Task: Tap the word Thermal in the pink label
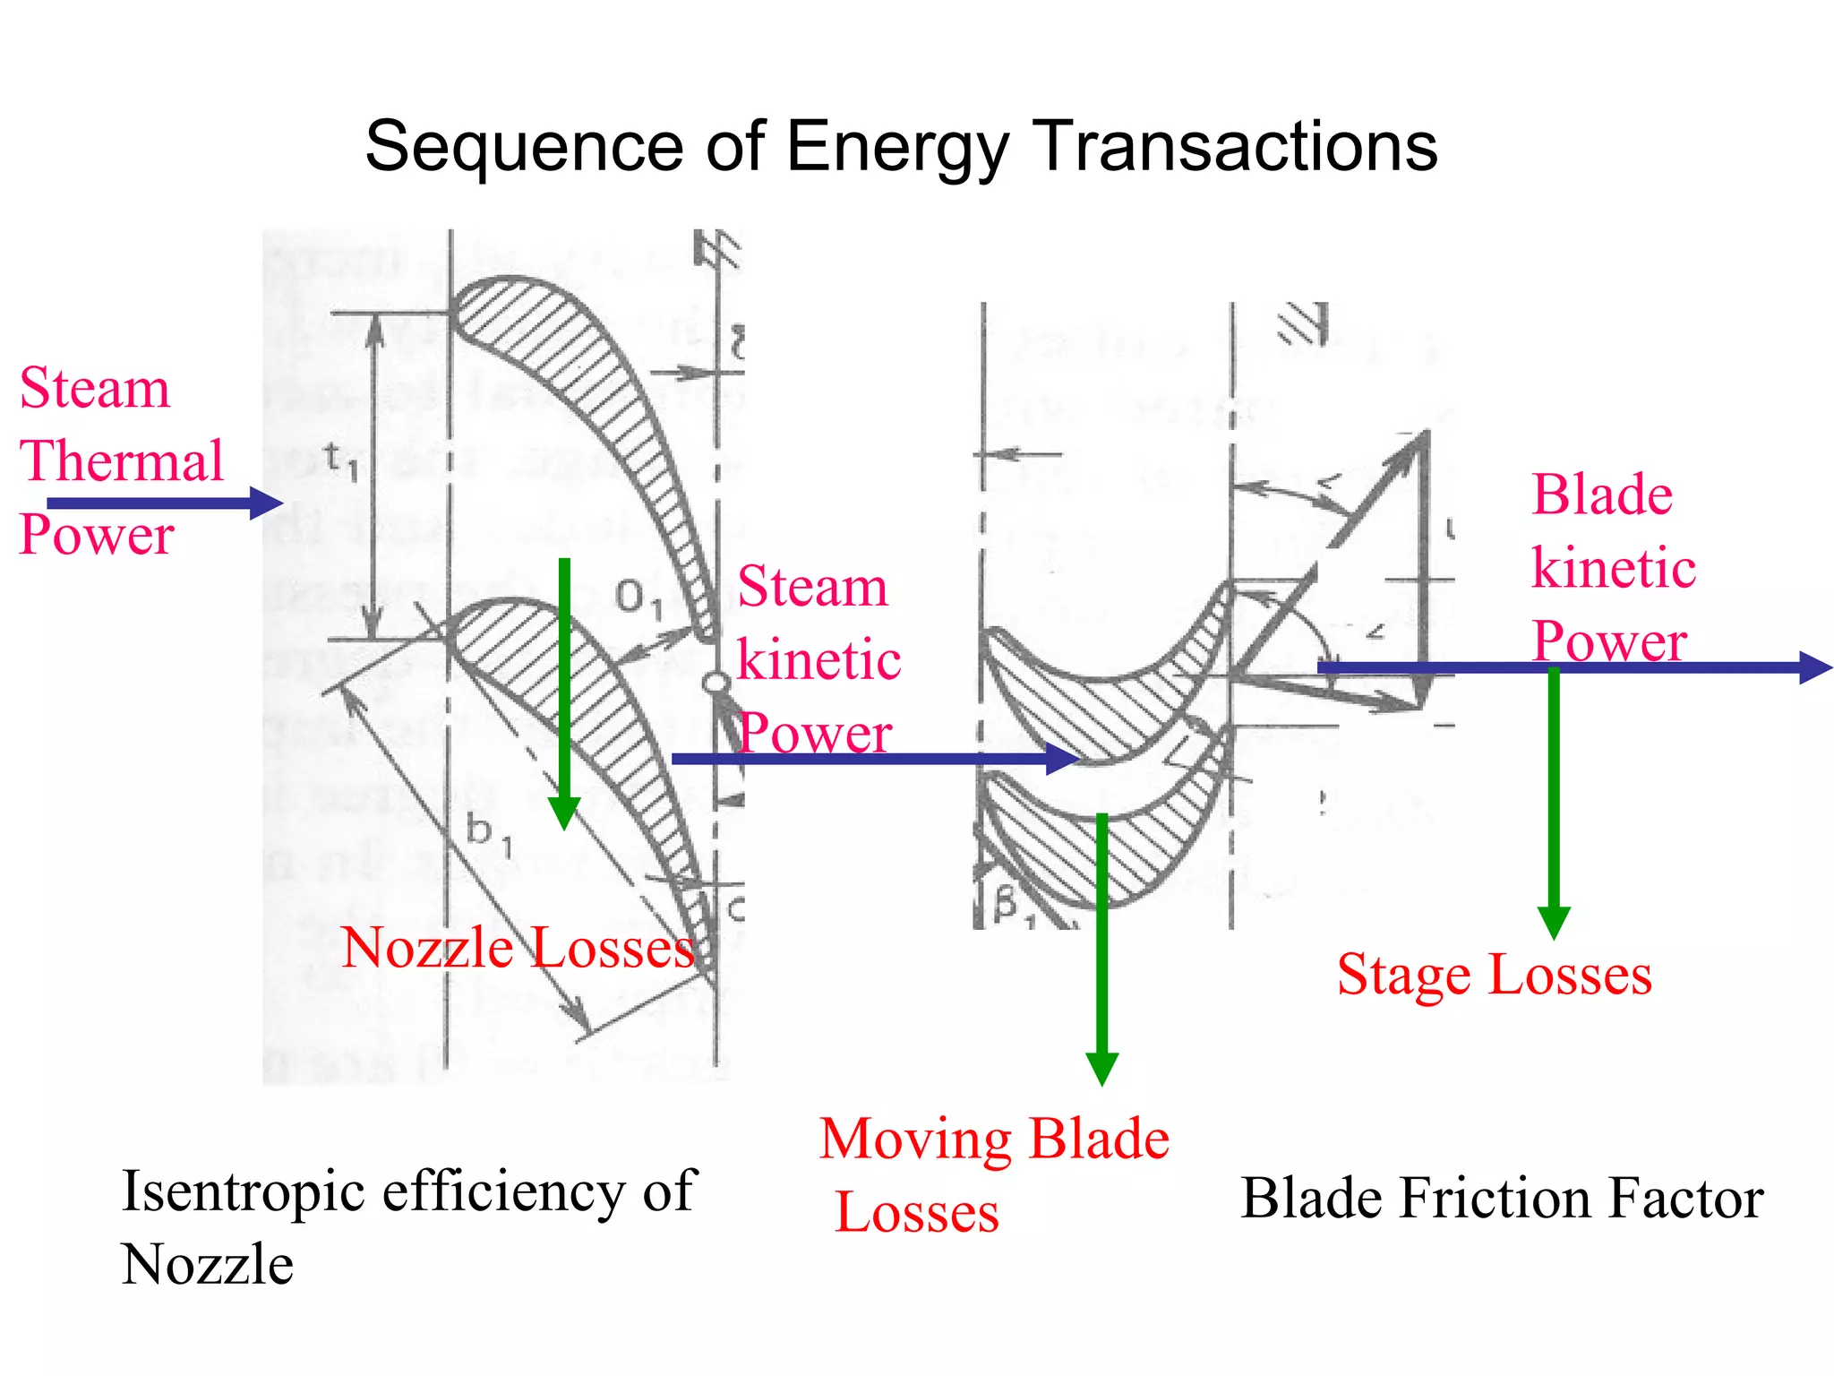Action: tap(122, 461)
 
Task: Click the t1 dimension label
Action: tap(340, 461)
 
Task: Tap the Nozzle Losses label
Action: tap(518, 948)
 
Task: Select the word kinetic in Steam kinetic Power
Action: tap(818, 661)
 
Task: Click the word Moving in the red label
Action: tap(915, 1139)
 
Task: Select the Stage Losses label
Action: tap(1494, 975)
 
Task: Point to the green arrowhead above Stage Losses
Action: tap(1554, 923)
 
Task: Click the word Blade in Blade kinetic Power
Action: tap(1602, 494)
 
